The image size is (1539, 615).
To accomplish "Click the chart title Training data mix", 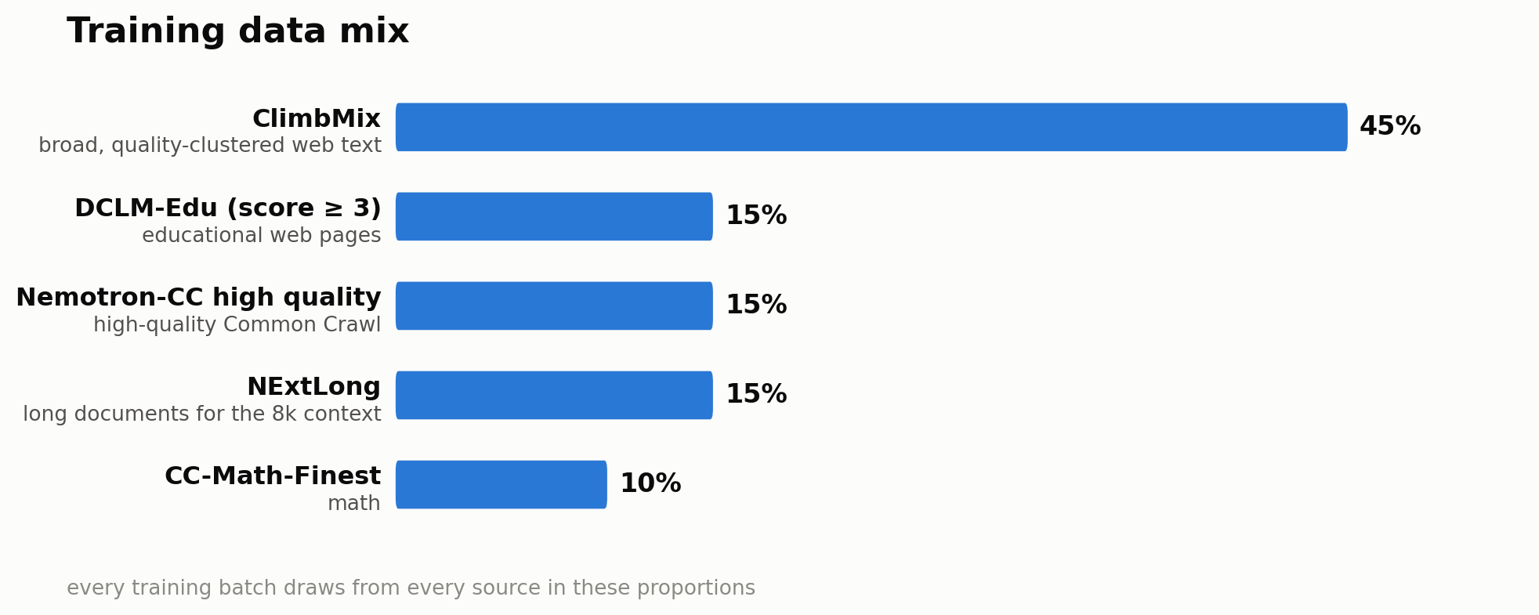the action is pos(237,32).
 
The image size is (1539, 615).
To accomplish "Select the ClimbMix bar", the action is pos(871,127).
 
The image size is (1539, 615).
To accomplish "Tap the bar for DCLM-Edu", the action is pos(554,216).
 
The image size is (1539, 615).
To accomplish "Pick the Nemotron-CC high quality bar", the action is pos(554,306).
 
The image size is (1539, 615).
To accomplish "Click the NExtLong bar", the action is pos(554,395).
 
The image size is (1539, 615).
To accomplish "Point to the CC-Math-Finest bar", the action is pos(502,484).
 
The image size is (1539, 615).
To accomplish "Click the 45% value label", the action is pos(1390,127).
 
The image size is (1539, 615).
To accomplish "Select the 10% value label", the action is pos(650,484).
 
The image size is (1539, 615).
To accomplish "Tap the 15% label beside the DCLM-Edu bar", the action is pos(756,216).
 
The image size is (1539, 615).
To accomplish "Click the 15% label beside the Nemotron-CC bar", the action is pos(756,306).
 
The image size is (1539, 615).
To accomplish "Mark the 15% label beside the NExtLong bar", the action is pos(756,395).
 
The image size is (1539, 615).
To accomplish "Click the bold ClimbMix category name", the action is pos(317,119).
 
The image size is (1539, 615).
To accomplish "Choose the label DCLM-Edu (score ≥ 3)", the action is pos(228,209).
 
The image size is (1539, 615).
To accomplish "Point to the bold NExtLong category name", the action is pos(313,387).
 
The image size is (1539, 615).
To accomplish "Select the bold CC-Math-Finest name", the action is pos(273,476).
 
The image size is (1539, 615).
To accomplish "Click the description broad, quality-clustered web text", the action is pos(210,146).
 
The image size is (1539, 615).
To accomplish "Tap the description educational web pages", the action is pos(262,236).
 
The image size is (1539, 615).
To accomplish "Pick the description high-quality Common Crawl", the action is pos(237,325).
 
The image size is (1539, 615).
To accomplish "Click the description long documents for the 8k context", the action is pos(202,414).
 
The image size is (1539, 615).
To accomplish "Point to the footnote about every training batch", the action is pos(411,588).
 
